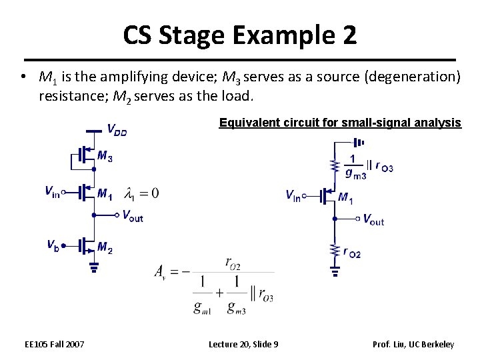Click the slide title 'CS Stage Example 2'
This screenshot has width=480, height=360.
click(x=239, y=35)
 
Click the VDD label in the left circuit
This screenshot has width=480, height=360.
click(x=117, y=129)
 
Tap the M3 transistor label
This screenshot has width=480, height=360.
click(x=105, y=156)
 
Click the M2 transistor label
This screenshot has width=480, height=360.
click(x=105, y=248)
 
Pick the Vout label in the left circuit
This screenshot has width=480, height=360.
click(x=132, y=215)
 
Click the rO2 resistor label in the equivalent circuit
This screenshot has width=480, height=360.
click(x=352, y=252)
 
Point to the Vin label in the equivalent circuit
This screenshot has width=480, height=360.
click(x=293, y=195)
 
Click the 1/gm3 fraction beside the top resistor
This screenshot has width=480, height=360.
click(x=355, y=167)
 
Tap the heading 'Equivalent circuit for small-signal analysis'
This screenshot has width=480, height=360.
click(x=340, y=123)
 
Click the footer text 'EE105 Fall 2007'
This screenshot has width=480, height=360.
click(x=55, y=344)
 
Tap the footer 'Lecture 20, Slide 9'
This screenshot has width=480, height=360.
click(x=243, y=344)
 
